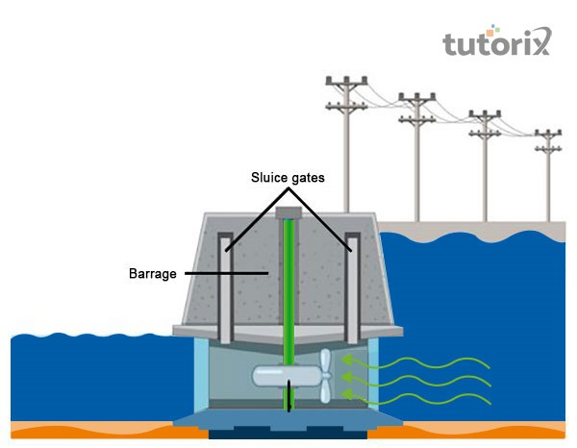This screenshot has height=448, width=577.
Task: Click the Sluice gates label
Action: click(288, 179)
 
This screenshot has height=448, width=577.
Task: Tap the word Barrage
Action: click(152, 273)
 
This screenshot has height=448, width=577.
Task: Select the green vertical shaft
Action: click(288, 288)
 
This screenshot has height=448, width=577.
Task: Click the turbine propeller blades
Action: click(324, 376)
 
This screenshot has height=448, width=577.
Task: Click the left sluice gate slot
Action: click(224, 288)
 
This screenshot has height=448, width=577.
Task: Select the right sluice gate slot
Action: click(352, 288)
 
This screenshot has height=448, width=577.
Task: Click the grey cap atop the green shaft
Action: click(288, 212)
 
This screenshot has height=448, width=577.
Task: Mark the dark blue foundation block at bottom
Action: click(288, 435)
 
